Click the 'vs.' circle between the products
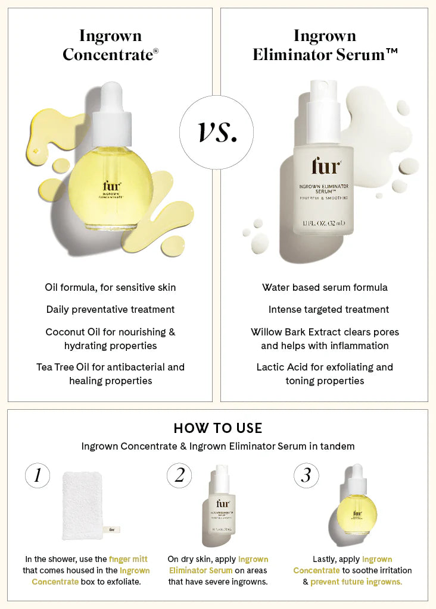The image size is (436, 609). pyautogui.click(x=216, y=131)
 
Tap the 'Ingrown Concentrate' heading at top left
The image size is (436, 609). pyautogui.click(x=110, y=45)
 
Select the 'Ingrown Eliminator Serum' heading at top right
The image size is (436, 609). pyautogui.click(x=325, y=45)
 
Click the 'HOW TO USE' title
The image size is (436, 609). pyautogui.click(x=217, y=428)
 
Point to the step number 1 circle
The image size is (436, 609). pyautogui.click(x=38, y=475)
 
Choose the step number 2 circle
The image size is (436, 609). pyautogui.click(x=179, y=475)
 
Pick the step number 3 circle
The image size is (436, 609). pyautogui.click(x=306, y=475)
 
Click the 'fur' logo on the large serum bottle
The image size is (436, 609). pyautogui.click(x=325, y=167)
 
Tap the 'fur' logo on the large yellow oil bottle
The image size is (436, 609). pyautogui.click(x=111, y=186)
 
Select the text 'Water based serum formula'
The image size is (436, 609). pyautogui.click(x=325, y=287)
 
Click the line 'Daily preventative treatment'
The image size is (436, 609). pyautogui.click(x=110, y=309)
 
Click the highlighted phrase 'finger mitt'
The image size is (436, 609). pyautogui.click(x=128, y=559)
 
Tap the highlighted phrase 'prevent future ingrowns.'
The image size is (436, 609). pyautogui.click(x=356, y=582)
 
